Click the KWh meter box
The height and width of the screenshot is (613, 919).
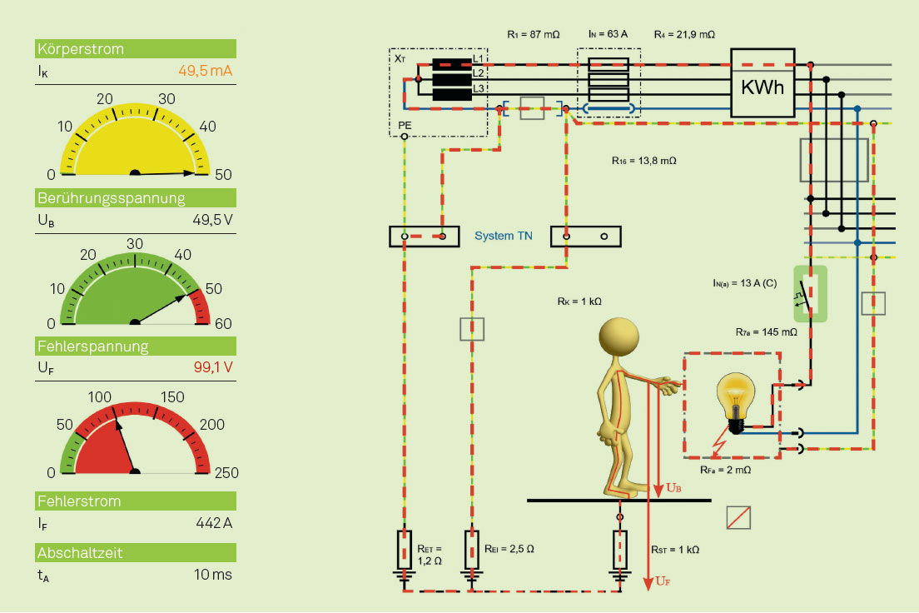click(x=763, y=82)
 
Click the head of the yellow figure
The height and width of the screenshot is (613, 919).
click(x=619, y=338)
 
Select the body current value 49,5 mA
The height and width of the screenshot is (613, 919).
click(x=205, y=71)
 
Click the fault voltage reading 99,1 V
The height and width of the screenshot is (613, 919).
click(x=213, y=367)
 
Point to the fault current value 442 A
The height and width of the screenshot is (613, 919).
click(x=214, y=523)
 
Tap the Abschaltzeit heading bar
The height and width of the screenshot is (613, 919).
click(x=136, y=552)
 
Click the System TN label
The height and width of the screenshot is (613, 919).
click(x=504, y=236)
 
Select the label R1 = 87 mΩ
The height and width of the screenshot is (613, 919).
click(x=534, y=35)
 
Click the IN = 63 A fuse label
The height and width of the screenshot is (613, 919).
click(x=608, y=34)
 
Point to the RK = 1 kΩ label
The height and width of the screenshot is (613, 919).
click(x=579, y=302)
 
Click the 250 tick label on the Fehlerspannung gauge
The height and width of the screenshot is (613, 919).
click(x=226, y=473)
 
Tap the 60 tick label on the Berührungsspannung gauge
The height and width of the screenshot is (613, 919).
click(x=223, y=324)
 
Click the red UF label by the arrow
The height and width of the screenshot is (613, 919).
click(x=663, y=581)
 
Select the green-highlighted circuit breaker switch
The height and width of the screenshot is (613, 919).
click(x=810, y=294)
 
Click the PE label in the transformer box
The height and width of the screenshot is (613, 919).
click(x=405, y=126)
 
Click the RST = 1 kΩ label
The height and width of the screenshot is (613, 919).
click(x=675, y=550)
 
